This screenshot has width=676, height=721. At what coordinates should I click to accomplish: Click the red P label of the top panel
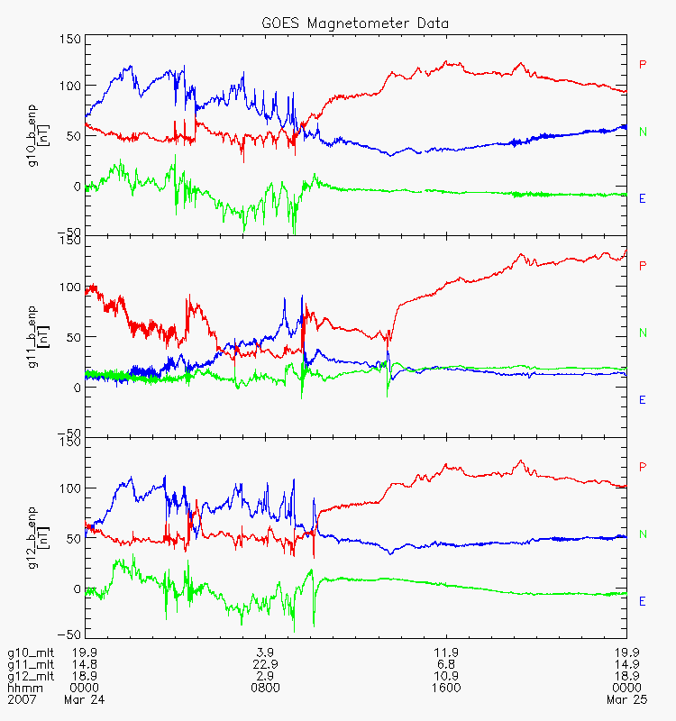point(643,64)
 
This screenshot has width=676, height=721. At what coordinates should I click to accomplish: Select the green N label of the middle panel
point(643,333)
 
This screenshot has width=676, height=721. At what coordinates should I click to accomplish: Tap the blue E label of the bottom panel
point(643,601)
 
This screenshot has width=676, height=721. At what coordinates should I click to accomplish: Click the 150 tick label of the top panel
point(69,39)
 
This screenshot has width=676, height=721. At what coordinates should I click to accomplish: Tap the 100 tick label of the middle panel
point(69,289)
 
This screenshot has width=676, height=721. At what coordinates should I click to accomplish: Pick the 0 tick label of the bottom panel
point(77,589)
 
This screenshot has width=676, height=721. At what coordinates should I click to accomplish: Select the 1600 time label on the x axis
point(446,688)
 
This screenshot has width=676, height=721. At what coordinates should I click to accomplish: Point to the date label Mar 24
point(83,699)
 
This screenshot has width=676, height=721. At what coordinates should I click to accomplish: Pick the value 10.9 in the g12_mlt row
point(446,676)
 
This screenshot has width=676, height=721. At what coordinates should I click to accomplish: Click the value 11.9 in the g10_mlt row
point(446,653)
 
